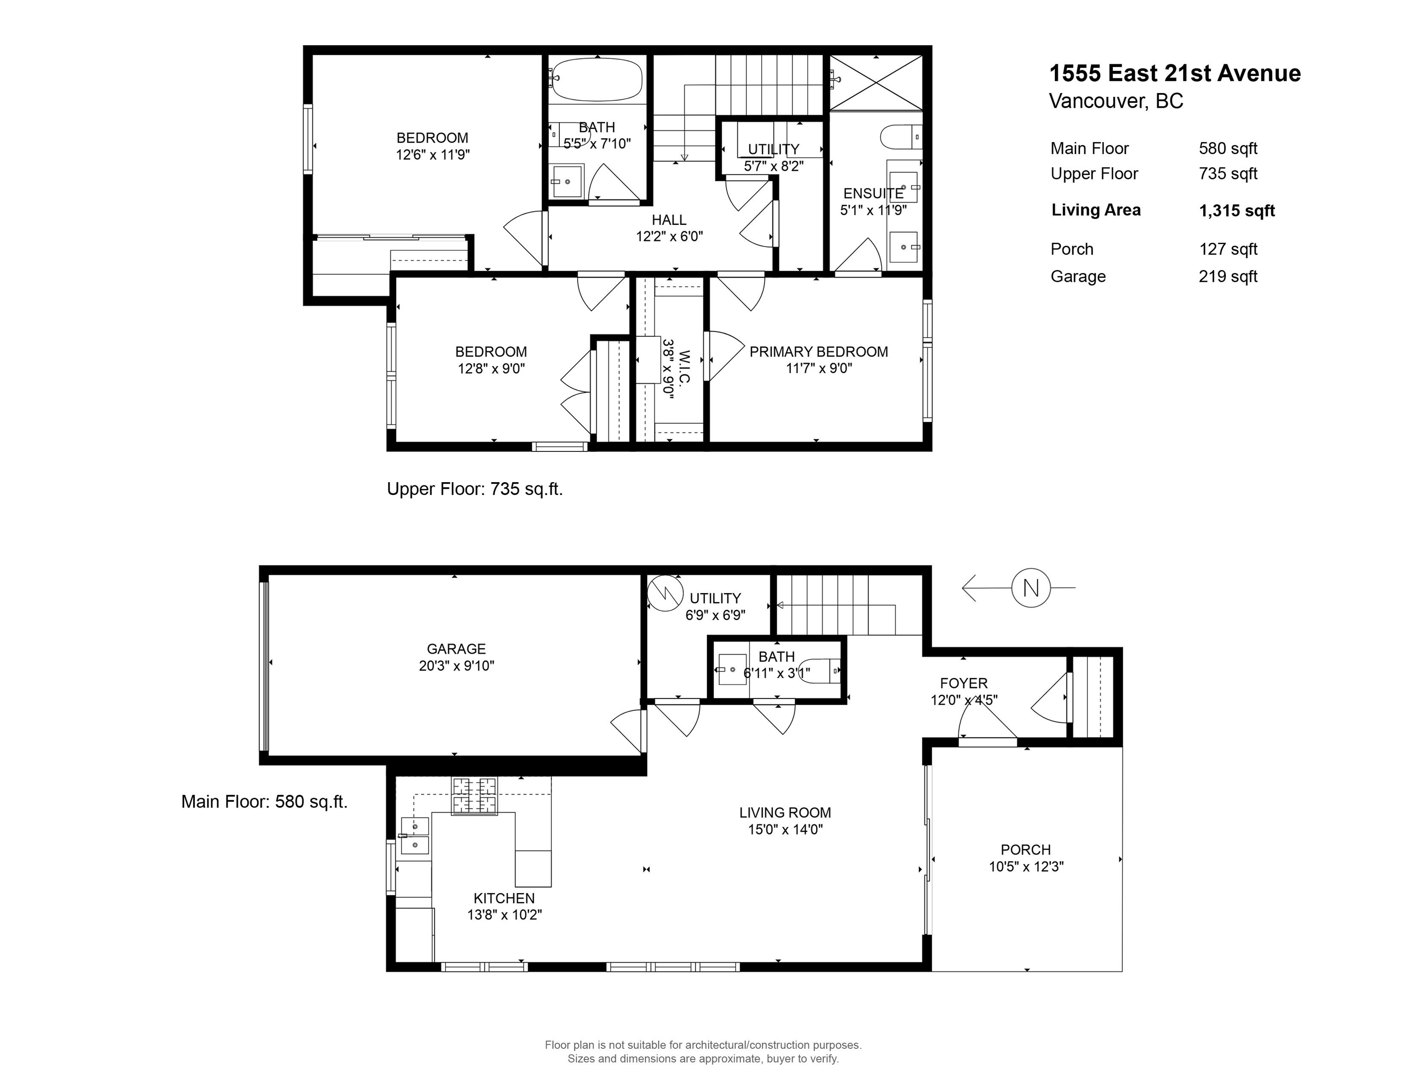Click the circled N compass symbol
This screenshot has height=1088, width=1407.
[1031, 588]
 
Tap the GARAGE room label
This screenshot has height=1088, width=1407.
[456, 649]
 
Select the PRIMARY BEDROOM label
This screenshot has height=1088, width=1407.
[819, 352]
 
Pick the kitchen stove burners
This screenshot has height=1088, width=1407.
[475, 796]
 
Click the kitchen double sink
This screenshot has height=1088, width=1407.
[415, 835]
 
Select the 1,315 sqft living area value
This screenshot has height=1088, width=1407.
[1237, 211]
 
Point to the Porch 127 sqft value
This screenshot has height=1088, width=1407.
[1228, 249]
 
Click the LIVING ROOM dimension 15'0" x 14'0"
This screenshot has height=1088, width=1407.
[785, 830]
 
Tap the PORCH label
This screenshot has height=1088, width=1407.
[1026, 850]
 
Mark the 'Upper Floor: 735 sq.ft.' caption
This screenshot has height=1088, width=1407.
[475, 489]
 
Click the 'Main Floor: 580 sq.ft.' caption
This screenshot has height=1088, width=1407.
[264, 802]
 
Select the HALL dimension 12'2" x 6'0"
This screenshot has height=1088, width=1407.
[669, 237]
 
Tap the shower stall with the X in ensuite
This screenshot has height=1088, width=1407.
[876, 83]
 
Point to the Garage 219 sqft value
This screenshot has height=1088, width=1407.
[1228, 277]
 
